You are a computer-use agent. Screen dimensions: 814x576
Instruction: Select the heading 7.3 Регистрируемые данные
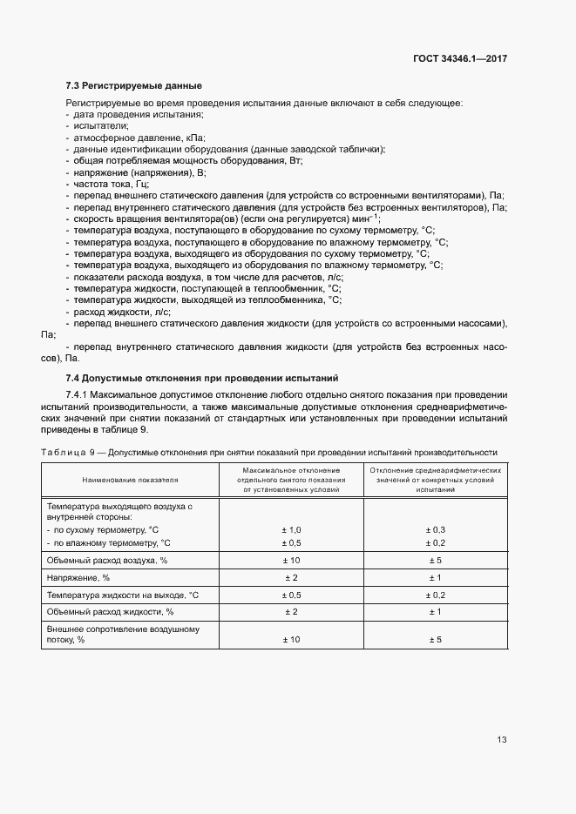[133, 85]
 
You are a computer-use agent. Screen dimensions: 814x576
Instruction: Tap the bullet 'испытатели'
[100, 126]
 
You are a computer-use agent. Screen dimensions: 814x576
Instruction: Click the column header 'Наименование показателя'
[130, 480]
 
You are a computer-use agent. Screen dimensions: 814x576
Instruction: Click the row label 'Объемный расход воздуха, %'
[106, 561]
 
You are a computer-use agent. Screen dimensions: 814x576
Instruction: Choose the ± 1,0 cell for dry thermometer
[290, 530]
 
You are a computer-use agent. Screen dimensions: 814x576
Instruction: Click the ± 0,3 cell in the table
[435, 530]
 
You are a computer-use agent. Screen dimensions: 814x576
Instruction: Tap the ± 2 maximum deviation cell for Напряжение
[290, 577]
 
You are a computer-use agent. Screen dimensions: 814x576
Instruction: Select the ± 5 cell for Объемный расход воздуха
[435, 561]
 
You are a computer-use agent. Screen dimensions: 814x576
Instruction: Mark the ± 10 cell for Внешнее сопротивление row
[290, 640]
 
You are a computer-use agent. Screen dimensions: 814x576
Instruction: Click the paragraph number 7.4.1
[80, 396]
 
